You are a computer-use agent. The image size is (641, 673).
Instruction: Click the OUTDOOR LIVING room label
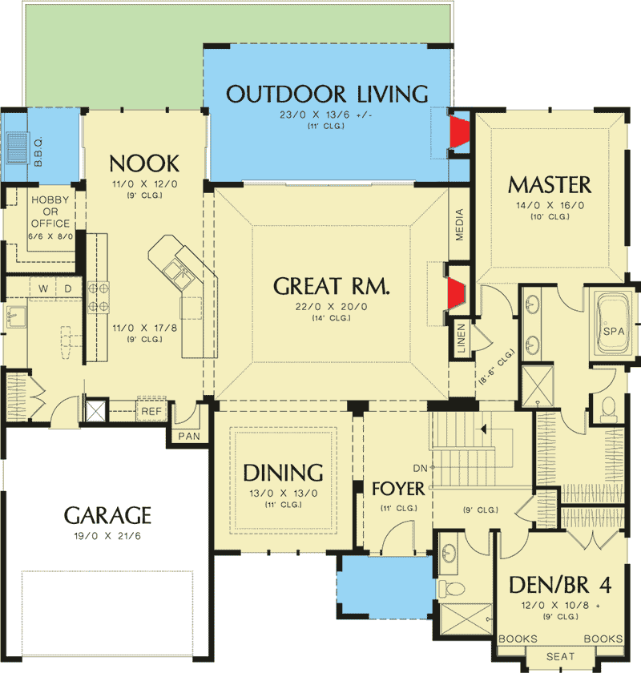[x=327, y=93]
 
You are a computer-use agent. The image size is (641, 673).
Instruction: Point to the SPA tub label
[x=614, y=331]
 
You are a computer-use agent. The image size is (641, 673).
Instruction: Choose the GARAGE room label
[x=107, y=514]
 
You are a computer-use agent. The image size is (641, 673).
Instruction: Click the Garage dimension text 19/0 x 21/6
[x=107, y=534]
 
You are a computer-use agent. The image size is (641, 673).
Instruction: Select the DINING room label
[x=283, y=472]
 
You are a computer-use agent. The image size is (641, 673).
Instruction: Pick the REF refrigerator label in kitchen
[x=151, y=411]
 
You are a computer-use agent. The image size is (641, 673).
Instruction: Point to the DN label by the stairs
[x=419, y=467]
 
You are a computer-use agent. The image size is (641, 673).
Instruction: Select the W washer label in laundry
[x=42, y=287]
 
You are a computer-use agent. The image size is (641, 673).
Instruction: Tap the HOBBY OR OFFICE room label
[x=50, y=212]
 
